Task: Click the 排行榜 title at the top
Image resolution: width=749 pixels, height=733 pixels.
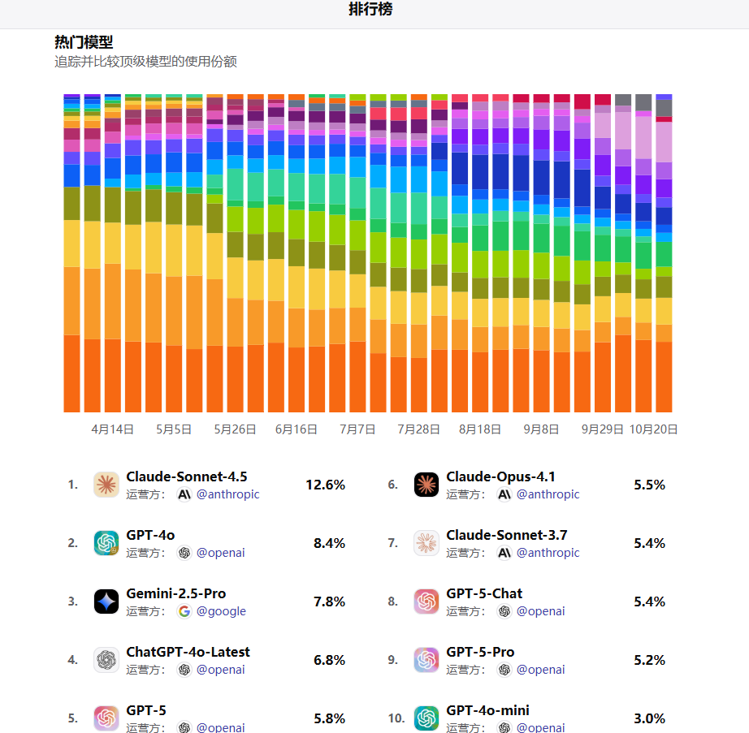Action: tap(371, 10)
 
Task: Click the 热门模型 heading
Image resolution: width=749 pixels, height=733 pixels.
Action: tap(84, 42)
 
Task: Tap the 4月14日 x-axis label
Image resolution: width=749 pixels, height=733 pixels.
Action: tap(112, 429)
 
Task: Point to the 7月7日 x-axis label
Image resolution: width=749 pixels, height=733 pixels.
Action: tap(357, 429)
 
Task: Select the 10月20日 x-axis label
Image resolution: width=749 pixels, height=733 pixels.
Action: tap(655, 429)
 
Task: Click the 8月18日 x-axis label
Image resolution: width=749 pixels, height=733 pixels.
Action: tap(479, 429)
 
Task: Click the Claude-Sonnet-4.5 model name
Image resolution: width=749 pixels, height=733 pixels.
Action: tap(187, 476)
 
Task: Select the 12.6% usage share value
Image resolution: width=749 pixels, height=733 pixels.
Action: tap(325, 485)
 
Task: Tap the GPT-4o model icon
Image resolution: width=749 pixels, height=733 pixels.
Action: tap(106, 543)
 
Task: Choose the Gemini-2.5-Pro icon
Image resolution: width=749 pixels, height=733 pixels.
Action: tap(106, 601)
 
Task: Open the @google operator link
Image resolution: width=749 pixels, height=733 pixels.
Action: tap(221, 611)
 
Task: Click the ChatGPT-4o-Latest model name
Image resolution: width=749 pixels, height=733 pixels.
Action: tap(188, 652)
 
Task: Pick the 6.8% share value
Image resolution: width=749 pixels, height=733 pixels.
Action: tap(329, 660)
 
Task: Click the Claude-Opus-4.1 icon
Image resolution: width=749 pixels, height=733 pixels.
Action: tap(426, 485)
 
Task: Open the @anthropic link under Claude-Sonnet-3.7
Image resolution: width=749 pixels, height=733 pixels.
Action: tap(548, 553)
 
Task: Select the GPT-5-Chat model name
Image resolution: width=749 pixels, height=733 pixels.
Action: tap(484, 593)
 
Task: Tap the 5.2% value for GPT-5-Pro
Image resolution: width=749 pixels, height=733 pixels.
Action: tap(649, 660)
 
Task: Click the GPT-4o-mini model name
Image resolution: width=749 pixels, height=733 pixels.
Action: tap(487, 710)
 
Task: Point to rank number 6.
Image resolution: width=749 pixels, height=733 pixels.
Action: tap(392, 485)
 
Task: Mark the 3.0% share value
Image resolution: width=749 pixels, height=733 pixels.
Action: tap(649, 718)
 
